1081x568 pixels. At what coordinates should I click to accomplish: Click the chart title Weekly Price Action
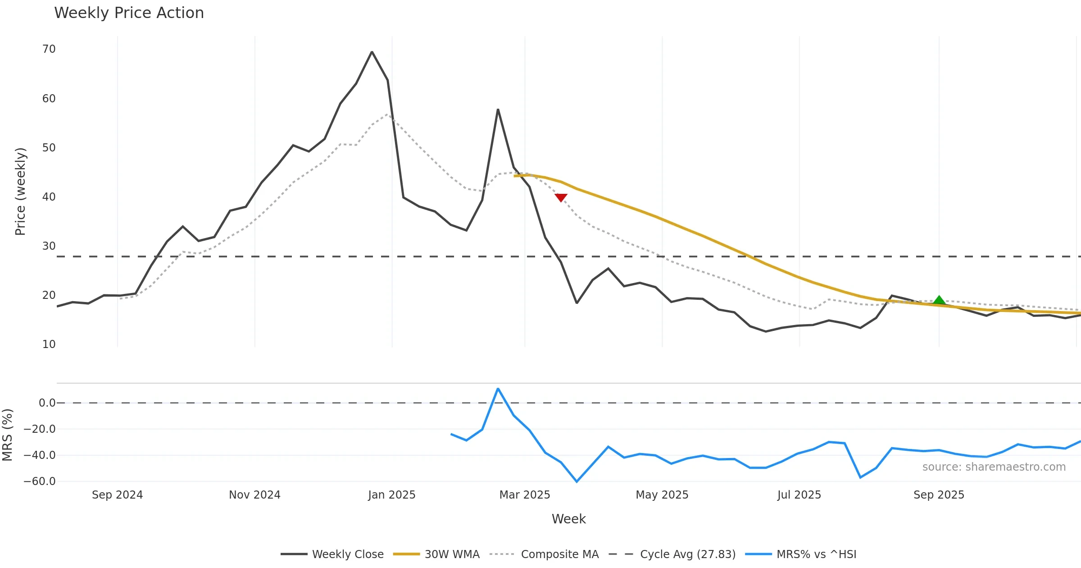tap(129, 13)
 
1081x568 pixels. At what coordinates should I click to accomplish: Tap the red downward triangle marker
tap(561, 197)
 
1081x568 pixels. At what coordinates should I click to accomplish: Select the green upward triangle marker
tap(939, 300)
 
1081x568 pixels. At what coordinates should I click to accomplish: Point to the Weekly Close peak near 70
tap(372, 52)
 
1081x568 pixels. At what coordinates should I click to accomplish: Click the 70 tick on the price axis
tap(49, 49)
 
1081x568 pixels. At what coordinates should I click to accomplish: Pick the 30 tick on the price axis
tap(49, 246)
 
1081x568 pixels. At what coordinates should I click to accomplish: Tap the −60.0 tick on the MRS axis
tap(40, 481)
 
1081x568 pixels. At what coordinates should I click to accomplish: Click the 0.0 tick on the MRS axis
tap(47, 403)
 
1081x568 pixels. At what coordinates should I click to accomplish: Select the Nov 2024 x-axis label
tap(254, 495)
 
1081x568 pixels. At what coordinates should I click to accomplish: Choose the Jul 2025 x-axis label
tap(799, 495)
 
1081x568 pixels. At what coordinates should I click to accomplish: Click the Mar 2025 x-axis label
tap(525, 495)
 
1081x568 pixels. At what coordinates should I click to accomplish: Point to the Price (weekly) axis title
tap(20, 192)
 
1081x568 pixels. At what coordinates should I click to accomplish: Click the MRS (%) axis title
tap(7, 435)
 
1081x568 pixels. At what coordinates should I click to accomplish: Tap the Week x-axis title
tap(569, 519)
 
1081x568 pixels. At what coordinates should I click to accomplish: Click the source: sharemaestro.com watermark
tap(994, 467)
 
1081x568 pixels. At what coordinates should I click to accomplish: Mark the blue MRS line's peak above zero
tap(498, 389)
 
